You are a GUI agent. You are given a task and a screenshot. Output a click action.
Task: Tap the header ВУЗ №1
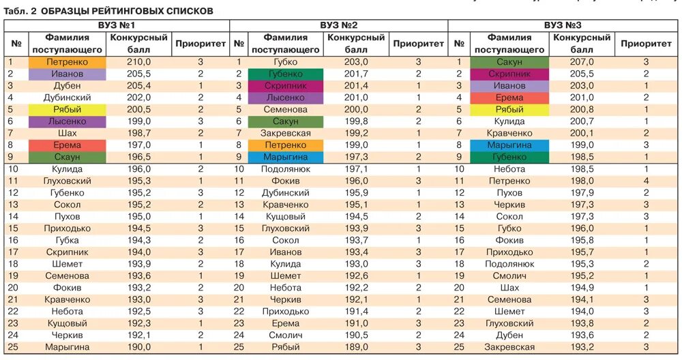pyautogui.click(x=116, y=25)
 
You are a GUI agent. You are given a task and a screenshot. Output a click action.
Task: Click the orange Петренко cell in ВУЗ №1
pyautogui.click(x=67, y=62)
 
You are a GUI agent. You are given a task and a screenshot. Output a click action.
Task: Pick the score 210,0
pyautogui.click(x=138, y=62)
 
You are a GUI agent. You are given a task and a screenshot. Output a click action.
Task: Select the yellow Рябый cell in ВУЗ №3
pyautogui.click(x=509, y=110)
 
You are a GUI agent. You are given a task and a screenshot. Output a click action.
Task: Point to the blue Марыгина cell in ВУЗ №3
pyautogui.click(x=509, y=145)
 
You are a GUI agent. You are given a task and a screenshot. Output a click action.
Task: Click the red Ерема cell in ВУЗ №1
pyautogui.click(x=67, y=145)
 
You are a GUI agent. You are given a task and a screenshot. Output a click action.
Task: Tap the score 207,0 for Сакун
pyautogui.click(x=582, y=62)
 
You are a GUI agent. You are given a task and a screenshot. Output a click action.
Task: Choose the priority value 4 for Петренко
pyautogui.click(x=646, y=181)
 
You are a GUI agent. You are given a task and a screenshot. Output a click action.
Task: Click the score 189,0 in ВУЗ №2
pyautogui.click(x=356, y=347)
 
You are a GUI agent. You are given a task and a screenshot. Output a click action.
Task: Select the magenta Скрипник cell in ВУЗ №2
pyautogui.click(x=286, y=86)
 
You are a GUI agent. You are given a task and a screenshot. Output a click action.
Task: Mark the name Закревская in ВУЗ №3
pyautogui.click(x=509, y=347)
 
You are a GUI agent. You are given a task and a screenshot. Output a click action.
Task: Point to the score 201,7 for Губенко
pyautogui.click(x=356, y=74)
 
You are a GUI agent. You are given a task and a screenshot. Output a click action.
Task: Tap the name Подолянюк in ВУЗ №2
pyautogui.click(x=286, y=169)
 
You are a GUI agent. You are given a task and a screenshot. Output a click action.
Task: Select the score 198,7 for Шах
pyautogui.click(x=138, y=133)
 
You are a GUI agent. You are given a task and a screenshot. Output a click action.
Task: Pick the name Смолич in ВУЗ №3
pyautogui.click(x=509, y=276)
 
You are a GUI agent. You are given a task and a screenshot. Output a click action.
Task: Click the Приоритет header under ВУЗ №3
pyautogui.click(x=646, y=44)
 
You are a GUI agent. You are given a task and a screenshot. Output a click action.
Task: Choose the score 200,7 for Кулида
pyautogui.click(x=582, y=121)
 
